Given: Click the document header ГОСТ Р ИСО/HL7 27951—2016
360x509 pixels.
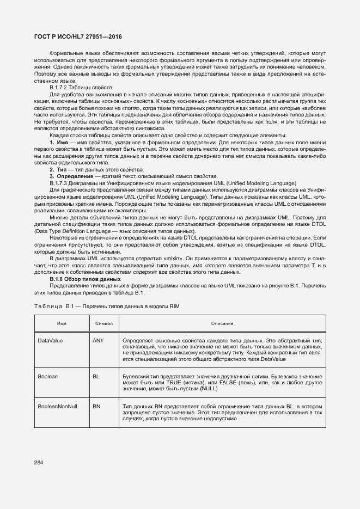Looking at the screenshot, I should [78, 36].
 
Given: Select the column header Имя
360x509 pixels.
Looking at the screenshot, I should [62, 323].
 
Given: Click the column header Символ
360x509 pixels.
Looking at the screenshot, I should [103, 323].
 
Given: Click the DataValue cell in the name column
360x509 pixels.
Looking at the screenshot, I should [50, 340].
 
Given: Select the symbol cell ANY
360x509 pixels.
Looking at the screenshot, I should [99, 340].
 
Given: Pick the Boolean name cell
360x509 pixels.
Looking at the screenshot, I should [47, 376].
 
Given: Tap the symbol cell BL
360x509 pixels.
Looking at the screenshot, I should [96, 376].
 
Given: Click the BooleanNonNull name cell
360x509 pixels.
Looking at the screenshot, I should [58, 406].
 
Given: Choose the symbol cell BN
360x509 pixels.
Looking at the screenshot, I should [96, 406].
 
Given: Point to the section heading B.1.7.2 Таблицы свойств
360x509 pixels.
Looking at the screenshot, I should [81, 87].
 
